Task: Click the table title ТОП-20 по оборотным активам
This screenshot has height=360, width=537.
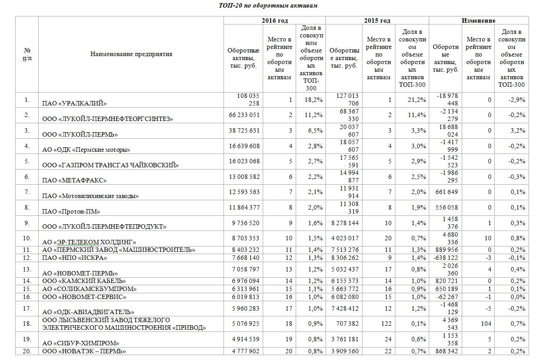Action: pos(268,5)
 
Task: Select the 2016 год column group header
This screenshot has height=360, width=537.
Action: pos(274,20)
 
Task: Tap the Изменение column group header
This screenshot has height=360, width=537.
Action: pos(478,20)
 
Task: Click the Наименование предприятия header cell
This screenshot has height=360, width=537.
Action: pos(131,54)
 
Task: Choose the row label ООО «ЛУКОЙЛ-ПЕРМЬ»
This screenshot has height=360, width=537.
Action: pos(80,134)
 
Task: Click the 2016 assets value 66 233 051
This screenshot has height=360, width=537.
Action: pos(243,115)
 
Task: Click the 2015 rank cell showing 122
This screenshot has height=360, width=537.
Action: pos(385,324)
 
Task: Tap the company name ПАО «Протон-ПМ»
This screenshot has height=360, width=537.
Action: pos(71,211)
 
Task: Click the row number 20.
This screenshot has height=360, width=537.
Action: pos(27,351)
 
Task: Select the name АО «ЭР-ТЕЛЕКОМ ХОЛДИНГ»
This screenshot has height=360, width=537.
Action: pos(89,242)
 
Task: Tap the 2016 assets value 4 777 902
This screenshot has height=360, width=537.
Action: pos(243,351)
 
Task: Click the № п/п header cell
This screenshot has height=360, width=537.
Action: pos(27,54)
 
